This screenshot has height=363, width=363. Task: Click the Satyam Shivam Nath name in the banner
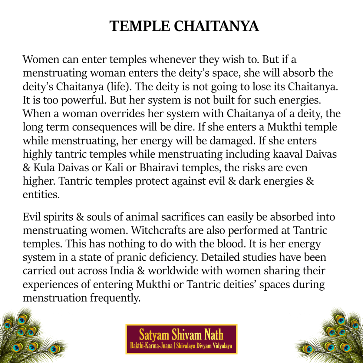[181, 334]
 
